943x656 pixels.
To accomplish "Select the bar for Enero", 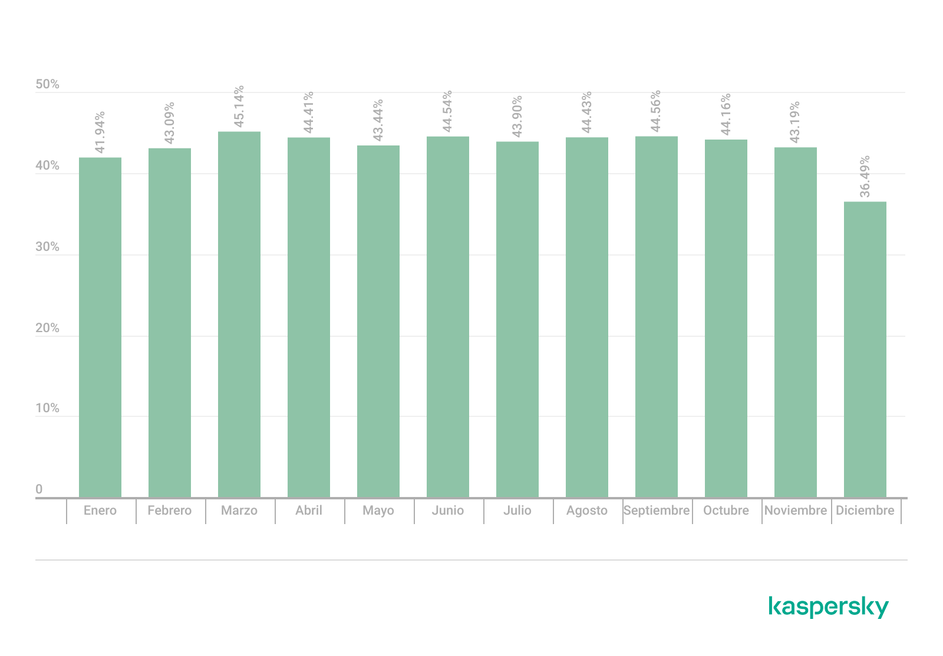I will [100, 327].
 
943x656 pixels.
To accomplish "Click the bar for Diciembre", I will [865, 349].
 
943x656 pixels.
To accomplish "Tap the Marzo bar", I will [239, 314].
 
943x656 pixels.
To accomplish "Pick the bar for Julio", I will [517, 319].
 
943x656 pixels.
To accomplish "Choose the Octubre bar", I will [726, 319].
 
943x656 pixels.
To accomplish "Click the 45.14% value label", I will [239, 107].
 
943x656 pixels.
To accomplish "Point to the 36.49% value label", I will [865, 177].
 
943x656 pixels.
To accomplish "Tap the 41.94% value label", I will [100, 132].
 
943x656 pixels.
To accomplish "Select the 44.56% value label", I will [656, 112].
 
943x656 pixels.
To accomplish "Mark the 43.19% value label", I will [795, 122].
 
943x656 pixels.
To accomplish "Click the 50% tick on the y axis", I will [47, 85].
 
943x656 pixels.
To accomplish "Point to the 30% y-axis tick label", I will [47, 247].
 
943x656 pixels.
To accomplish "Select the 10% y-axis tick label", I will [47, 409].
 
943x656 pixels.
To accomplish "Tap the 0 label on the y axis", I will [39, 489].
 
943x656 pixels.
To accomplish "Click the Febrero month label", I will [170, 511].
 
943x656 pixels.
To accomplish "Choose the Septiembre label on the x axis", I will [656, 511].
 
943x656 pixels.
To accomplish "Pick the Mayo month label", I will [378, 511].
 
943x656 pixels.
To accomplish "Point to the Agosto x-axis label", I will [587, 511].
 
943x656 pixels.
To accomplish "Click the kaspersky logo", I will [828, 607].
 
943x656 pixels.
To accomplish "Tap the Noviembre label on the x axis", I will [795, 511].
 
